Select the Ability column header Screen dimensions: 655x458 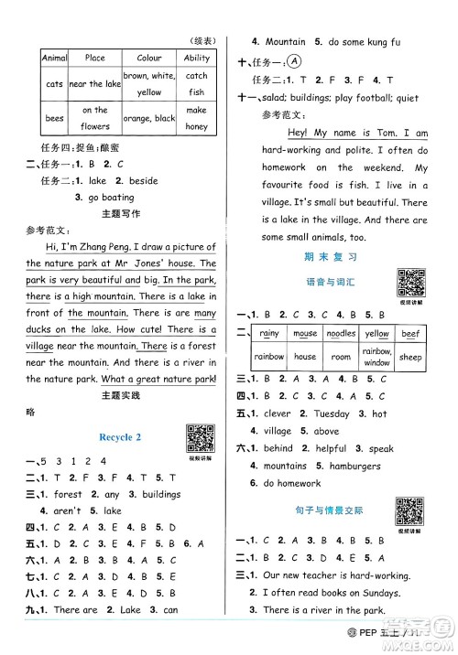click(x=196, y=58)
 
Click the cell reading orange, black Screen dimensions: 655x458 click(x=148, y=118)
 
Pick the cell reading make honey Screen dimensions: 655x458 click(x=196, y=118)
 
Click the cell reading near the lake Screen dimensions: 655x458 click(x=94, y=84)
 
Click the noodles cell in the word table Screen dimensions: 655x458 click(x=341, y=334)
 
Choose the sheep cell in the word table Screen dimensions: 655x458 click(x=410, y=358)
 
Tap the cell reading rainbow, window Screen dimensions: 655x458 click(x=376, y=358)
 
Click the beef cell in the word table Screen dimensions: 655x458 click(x=410, y=334)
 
